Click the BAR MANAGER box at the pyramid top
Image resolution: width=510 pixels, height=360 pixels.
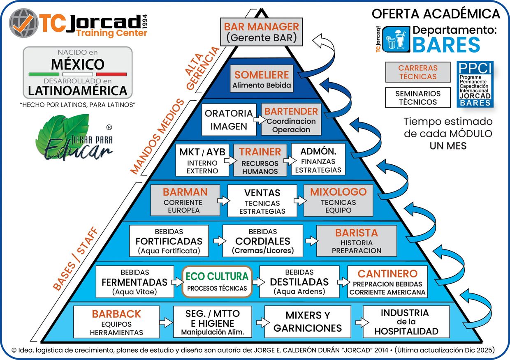262,32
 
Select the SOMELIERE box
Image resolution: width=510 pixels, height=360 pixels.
262,79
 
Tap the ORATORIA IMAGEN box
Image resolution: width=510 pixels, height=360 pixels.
229,120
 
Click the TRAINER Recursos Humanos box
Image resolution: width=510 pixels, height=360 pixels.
260,160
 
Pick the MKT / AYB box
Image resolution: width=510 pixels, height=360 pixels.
202,160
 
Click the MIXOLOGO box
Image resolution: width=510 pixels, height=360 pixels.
338,200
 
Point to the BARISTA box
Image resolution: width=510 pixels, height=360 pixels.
356,241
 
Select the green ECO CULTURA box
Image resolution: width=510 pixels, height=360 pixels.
217,281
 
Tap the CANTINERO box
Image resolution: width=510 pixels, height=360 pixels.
387,282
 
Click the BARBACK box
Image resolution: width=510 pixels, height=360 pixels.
116,322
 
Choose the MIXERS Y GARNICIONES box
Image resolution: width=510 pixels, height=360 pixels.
308,322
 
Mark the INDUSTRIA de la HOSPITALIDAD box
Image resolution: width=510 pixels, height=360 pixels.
406,322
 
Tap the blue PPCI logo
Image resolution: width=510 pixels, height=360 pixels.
475,84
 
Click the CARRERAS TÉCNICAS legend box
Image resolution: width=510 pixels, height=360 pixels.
418,72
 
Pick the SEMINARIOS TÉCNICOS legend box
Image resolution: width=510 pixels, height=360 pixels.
418,97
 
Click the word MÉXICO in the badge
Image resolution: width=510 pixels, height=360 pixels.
77,64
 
